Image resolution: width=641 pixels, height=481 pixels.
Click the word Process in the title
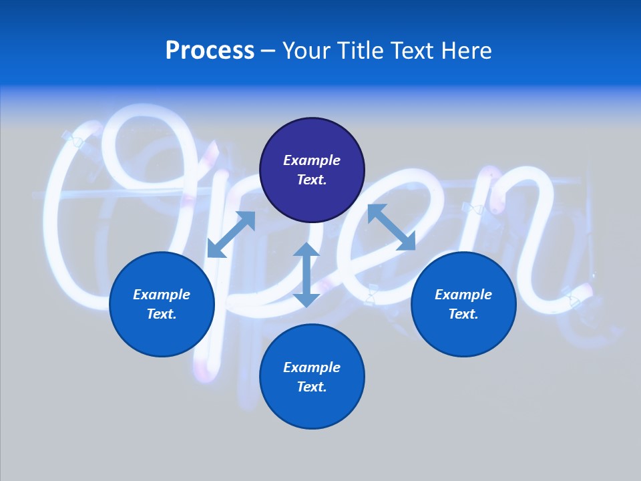click(210, 51)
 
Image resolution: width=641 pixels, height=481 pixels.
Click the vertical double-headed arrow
click(306, 275)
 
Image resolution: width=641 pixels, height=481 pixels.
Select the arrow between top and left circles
click(231, 234)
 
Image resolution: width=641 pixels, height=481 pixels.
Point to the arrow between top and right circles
click(391, 227)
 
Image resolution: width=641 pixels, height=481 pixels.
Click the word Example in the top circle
click(312, 160)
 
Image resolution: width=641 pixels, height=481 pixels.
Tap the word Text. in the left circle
click(162, 314)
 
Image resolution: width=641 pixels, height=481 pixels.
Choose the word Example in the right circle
click(463, 295)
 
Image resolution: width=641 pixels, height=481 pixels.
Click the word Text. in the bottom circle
click(312, 387)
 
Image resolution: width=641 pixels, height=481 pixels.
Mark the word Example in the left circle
click(162, 295)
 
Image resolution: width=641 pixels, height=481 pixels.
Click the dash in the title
click(268, 51)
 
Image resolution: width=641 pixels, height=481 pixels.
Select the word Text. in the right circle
click(463, 314)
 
